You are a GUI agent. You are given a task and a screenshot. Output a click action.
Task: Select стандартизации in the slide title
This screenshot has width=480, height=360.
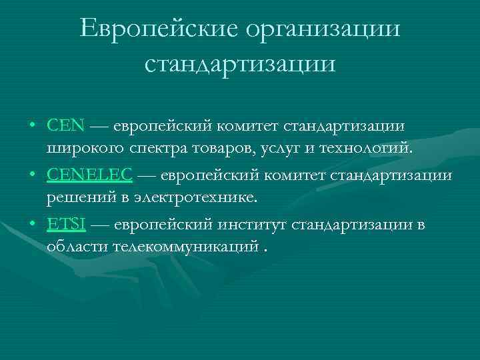(240, 63)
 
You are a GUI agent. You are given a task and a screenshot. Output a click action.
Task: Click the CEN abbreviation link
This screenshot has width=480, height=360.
(66, 125)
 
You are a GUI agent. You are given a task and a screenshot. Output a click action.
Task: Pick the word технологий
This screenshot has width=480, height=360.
(367, 147)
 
